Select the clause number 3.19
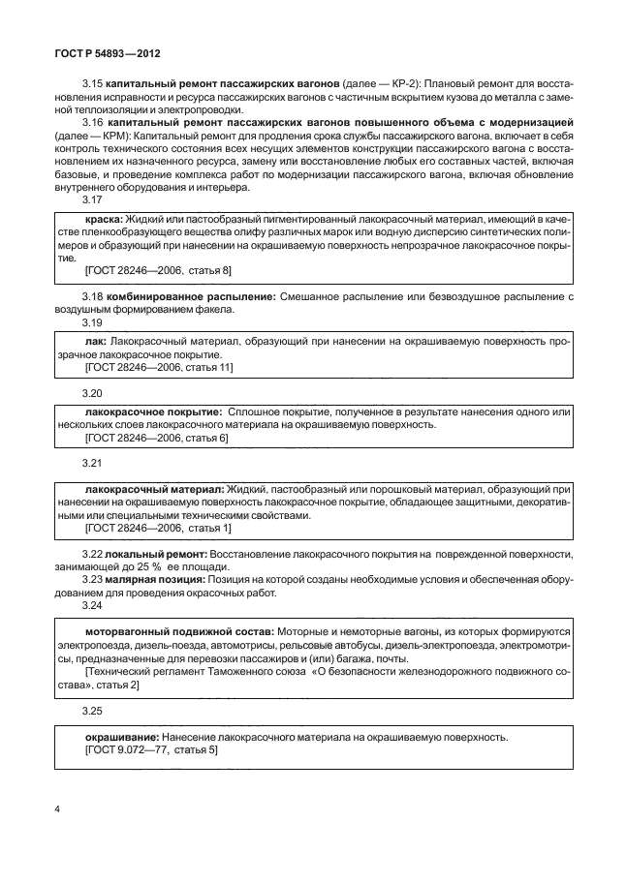(93, 322)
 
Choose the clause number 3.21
(93, 463)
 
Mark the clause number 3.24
(93, 605)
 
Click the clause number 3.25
(93, 711)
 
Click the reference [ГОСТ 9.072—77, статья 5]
(152, 750)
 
